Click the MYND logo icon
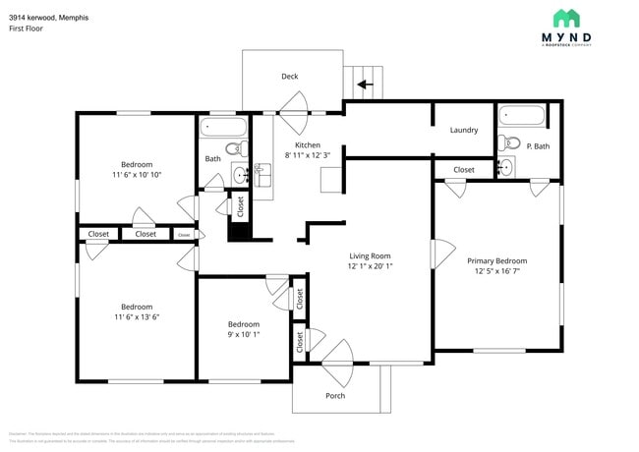tap(565, 18)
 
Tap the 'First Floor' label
tap(26, 29)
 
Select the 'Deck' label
tap(289, 77)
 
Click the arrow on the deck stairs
tap(365, 85)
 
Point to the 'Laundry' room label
tap(463, 130)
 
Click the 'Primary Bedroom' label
tap(496, 260)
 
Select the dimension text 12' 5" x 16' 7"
tap(496, 273)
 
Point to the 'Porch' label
tap(335, 396)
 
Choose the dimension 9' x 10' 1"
tap(243, 335)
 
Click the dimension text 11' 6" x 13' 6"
tap(137, 317)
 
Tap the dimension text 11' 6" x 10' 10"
tap(137, 175)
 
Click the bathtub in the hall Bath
tap(223, 127)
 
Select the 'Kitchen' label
tap(308, 144)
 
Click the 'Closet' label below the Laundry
tap(463, 170)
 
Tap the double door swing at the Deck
tap(295, 106)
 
